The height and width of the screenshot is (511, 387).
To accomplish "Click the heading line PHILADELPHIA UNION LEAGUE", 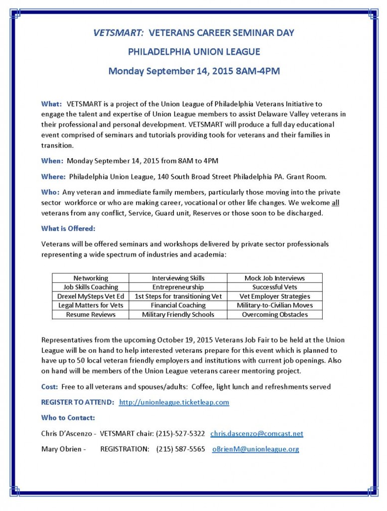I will click(194, 51).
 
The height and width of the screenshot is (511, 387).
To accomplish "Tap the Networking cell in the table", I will click(91, 278).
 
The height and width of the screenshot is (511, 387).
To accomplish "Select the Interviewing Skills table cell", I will click(178, 278).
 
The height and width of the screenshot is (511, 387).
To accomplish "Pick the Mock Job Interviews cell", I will click(274, 278).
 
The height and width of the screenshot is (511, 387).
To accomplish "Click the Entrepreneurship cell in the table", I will click(178, 287).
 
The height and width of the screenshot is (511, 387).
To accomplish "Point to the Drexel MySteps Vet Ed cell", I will click(91, 296).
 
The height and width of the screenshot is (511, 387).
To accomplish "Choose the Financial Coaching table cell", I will click(178, 305).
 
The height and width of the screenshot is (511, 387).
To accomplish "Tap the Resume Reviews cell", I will click(91, 314).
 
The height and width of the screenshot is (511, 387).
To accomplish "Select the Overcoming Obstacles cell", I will click(274, 314).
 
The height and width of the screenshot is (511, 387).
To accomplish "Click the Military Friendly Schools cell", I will click(178, 314).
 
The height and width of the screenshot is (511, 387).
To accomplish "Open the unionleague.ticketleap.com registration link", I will click(174, 402).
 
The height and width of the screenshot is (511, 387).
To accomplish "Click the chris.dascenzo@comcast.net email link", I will click(257, 434).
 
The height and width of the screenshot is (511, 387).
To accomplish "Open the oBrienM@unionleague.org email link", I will click(256, 449).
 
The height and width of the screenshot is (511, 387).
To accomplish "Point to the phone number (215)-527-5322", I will click(180, 434).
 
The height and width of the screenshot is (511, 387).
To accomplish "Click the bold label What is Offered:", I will click(68, 228).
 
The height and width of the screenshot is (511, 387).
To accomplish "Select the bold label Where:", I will click(53, 176).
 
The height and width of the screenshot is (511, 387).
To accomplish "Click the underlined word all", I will click(335, 203).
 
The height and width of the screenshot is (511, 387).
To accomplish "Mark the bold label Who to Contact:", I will click(68, 418).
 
